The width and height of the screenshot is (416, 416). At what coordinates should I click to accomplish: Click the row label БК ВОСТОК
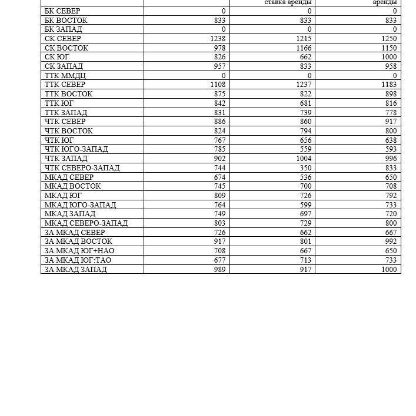[x=66, y=20]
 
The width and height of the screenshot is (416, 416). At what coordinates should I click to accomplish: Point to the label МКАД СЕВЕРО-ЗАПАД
[x=86, y=223]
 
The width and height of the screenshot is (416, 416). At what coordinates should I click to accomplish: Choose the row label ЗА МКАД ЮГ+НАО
[x=79, y=251]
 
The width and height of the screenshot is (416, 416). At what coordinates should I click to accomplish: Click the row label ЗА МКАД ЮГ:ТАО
[x=78, y=260]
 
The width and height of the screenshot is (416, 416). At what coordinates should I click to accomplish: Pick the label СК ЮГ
[x=57, y=57]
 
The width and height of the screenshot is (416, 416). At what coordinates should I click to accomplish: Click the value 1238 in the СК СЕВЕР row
[x=217, y=39]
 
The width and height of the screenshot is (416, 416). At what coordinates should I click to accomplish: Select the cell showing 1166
[x=304, y=48]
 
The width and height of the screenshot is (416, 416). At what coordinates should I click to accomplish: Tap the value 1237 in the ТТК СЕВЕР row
[x=304, y=85]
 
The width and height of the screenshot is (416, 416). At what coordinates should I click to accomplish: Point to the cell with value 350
[x=305, y=168]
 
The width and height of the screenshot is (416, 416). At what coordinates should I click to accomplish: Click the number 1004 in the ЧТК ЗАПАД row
[x=304, y=159]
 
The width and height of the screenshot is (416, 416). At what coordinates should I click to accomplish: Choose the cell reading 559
[x=305, y=149]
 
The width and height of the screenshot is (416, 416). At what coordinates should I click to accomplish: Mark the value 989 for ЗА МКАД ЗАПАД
[x=219, y=270]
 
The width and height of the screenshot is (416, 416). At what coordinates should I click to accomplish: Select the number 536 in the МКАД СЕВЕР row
[x=305, y=177]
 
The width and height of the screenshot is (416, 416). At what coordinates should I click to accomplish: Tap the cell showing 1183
[x=389, y=85]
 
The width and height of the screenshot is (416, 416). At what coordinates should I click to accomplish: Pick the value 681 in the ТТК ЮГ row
[x=305, y=103]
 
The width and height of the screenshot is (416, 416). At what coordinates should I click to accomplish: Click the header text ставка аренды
[x=288, y=2]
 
